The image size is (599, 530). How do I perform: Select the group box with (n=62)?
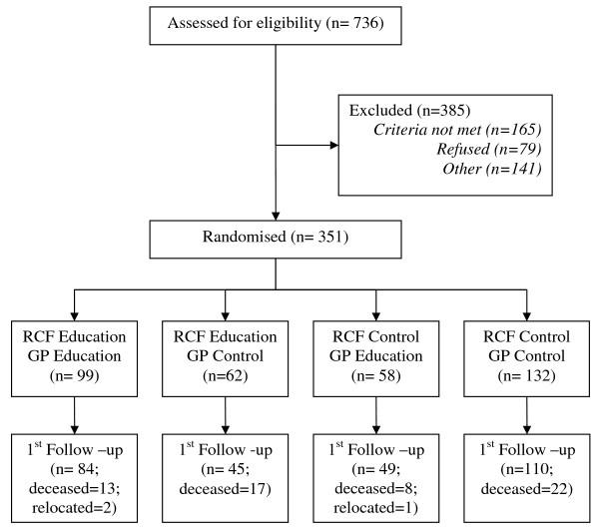226,357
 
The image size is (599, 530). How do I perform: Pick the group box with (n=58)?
373,357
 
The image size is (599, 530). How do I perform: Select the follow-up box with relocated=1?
373,473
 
